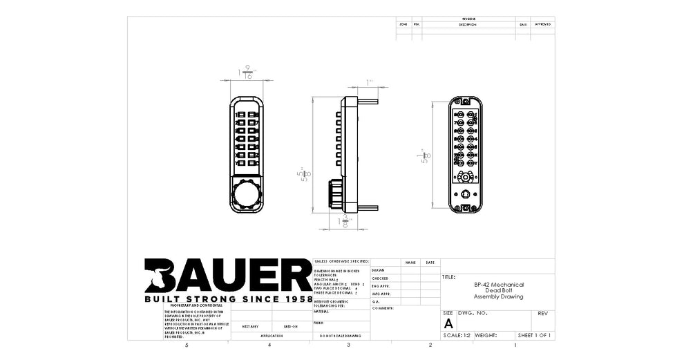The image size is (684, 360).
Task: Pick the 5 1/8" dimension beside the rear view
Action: click(x=425, y=157)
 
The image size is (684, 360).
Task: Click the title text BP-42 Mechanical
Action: click(x=498, y=285)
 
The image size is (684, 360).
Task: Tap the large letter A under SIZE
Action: click(x=448, y=323)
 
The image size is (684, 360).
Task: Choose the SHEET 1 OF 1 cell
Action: click(x=535, y=335)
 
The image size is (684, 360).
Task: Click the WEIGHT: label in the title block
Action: click(x=486, y=335)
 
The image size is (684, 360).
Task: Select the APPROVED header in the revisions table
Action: click(x=542, y=24)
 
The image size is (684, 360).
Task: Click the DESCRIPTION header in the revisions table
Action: click(x=468, y=24)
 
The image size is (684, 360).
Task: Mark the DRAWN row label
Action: click(x=378, y=270)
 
